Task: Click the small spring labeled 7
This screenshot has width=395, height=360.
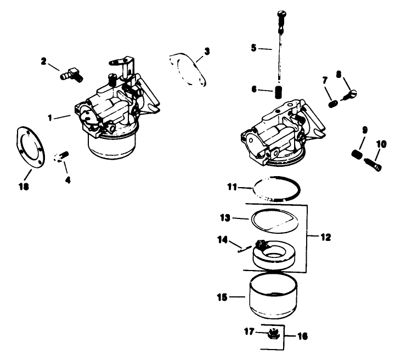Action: pyautogui.click(x=333, y=102)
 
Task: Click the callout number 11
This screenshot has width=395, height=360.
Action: pyautogui.click(x=231, y=187)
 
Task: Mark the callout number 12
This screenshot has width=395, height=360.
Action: pyautogui.click(x=325, y=237)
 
